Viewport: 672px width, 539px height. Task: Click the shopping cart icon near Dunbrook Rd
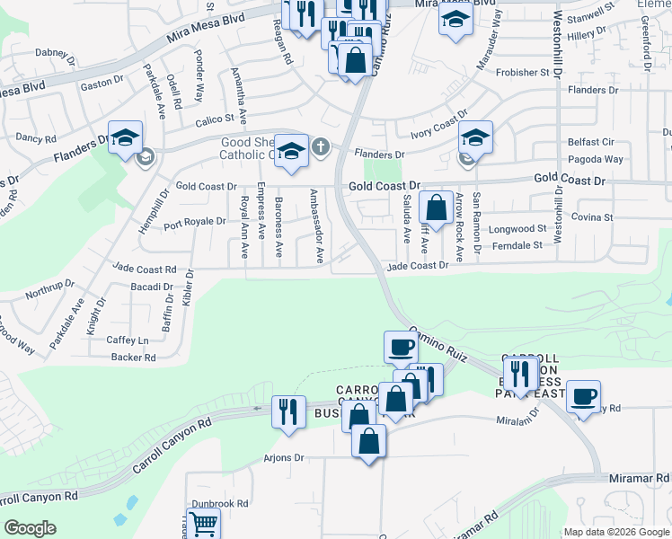(204, 523)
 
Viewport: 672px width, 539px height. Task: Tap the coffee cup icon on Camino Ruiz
(401, 347)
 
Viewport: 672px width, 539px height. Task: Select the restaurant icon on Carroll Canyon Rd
(288, 412)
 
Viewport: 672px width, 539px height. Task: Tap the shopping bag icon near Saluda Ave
(436, 208)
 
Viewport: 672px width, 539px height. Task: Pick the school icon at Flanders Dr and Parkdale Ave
(125, 137)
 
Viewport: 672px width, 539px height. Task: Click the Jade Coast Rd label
(144, 268)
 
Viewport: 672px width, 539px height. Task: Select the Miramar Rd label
(640, 479)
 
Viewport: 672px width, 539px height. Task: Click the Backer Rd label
(134, 358)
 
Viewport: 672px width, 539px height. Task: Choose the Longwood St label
(517, 229)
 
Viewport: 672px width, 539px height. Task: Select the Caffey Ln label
(128, 340)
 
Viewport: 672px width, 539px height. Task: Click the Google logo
(31, 528)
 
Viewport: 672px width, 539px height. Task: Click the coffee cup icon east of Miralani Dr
(583, 396)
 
